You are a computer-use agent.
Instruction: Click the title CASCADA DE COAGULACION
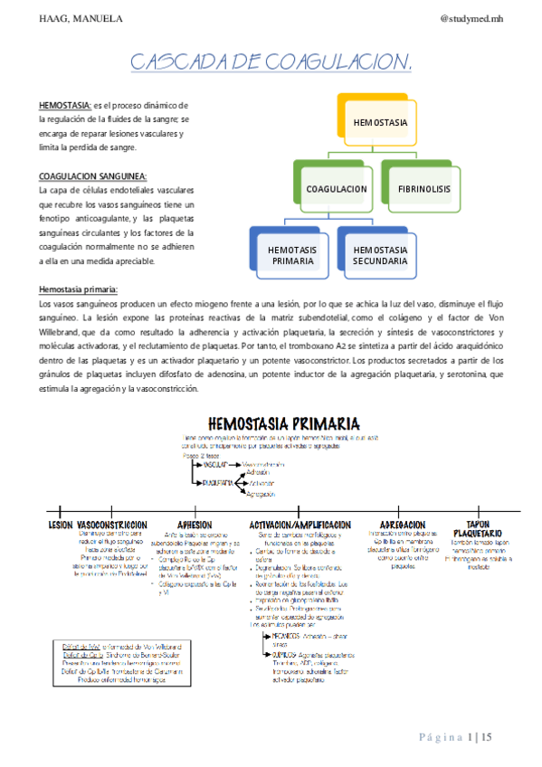click(x=271, y=62)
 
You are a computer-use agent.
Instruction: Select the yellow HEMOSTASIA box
click(x=380, y=122)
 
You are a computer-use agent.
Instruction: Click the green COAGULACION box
click(x=336, y=189)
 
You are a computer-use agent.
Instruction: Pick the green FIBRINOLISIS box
click(x=423, y=189)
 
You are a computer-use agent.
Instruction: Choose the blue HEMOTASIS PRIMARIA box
click(x=292, y=254)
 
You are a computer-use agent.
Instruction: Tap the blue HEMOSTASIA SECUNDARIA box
click(x=380, y=254)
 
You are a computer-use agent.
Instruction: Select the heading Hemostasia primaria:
click(x=78, y=289)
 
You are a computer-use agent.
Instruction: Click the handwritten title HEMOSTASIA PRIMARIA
click(x=283, y=423)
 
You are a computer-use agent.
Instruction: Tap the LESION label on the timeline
click(x=60, y=525)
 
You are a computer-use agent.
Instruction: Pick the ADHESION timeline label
click(x=195, y=525)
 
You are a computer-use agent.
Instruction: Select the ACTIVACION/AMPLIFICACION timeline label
click(x=300, y=525)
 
